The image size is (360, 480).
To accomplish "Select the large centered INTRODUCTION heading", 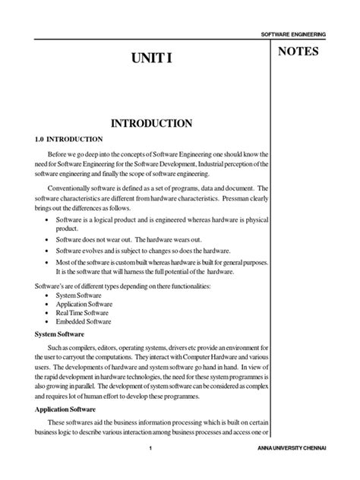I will tap(151, 122).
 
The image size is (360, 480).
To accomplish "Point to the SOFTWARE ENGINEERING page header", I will tap(293, 35).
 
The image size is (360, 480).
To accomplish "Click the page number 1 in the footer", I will tap(151, 469).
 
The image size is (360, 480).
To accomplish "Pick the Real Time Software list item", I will tap(85, 312).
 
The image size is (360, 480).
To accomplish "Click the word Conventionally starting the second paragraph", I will tap(75, 187).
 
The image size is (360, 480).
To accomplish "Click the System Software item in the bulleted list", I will tap(82, 295).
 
